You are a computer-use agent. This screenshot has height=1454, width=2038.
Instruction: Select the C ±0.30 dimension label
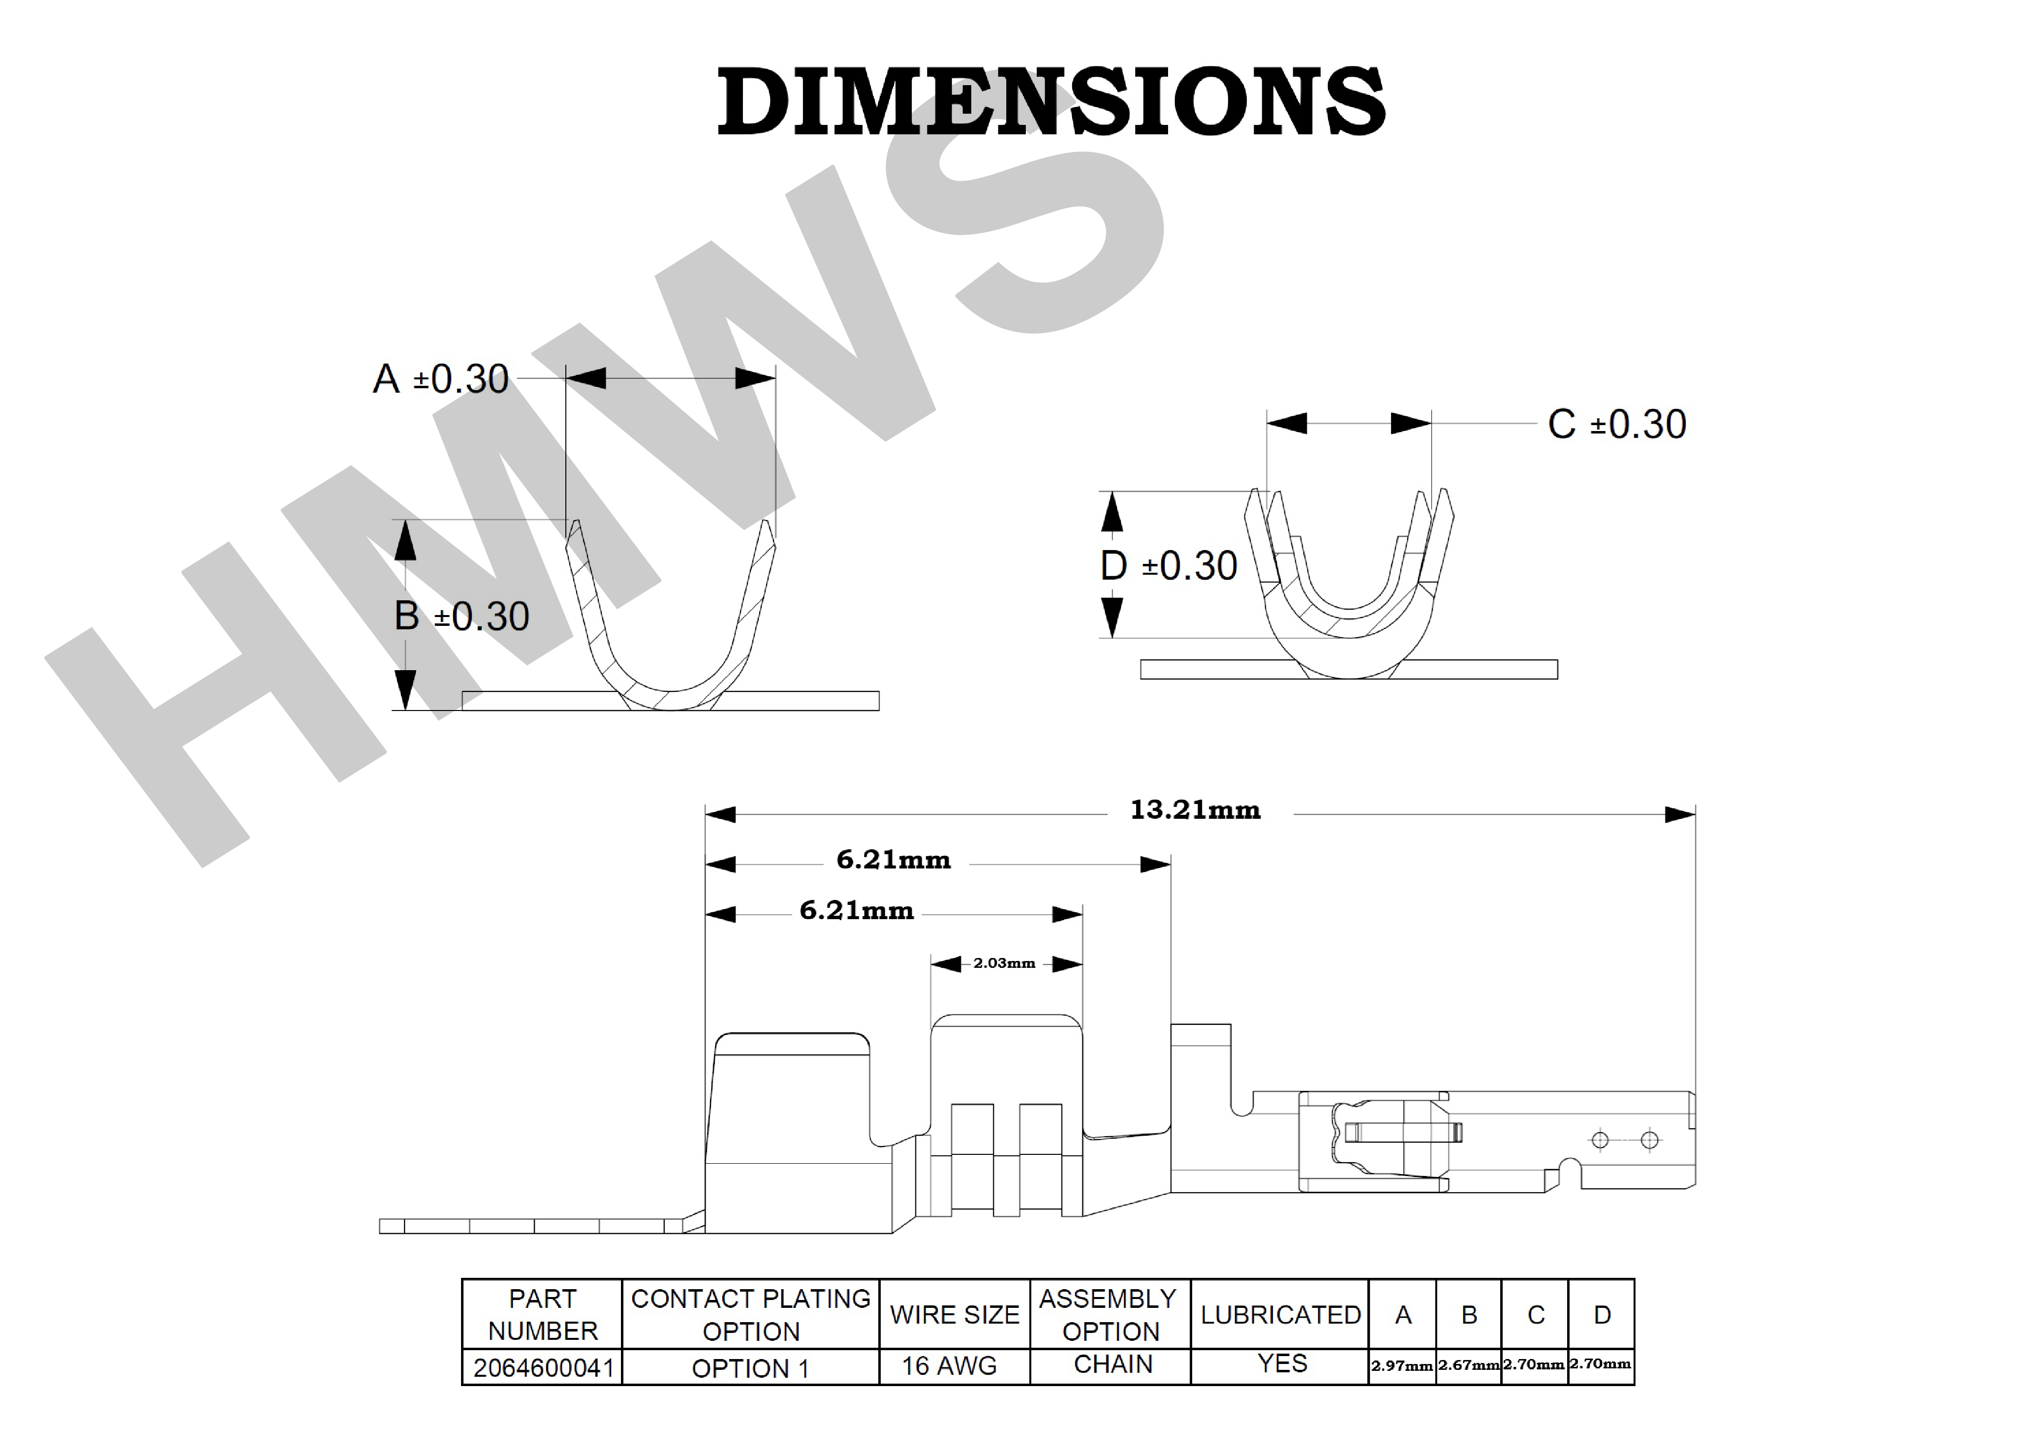pos(1616,424)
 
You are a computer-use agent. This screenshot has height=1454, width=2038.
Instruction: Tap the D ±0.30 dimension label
pos(1168,566)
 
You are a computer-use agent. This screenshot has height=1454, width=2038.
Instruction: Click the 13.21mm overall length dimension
pos(1195,810)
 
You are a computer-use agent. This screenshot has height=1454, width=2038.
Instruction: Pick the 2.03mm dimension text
pos(1004,963)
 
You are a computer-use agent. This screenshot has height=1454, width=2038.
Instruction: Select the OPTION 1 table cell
pos(750,1368)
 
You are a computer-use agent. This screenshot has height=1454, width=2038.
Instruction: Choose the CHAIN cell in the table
pos(1112,1364)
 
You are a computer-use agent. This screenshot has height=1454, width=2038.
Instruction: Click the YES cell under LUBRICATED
pos(1282,1363)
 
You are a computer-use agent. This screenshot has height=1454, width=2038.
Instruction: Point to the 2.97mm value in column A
pos(1402,1366)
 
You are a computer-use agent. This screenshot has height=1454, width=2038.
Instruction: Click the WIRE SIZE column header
pos(954,1315)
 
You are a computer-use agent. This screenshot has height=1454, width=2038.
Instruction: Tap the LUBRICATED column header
pos(1280,1315)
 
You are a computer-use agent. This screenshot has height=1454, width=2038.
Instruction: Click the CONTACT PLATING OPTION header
pos(750,1315)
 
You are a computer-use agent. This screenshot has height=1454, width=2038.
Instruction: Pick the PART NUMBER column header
pos(542,1315)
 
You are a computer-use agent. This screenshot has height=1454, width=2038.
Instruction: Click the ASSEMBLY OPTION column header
pos(1109,1315)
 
